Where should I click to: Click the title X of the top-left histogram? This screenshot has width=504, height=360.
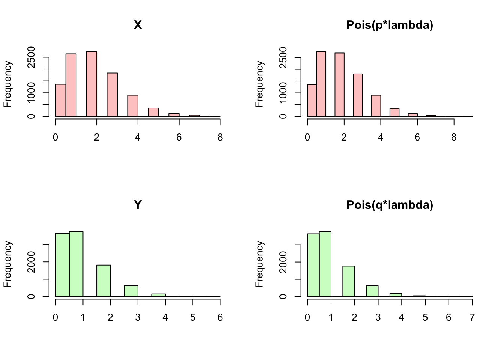138,25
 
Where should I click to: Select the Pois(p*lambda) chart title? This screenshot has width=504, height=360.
390,25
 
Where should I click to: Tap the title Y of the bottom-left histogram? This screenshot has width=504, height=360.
138,205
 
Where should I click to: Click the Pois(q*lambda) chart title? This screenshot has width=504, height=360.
390,205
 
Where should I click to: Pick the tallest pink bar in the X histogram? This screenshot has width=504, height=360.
91,84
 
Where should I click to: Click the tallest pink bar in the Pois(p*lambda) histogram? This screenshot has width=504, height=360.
321,84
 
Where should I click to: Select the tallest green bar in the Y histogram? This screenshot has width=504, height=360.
76,264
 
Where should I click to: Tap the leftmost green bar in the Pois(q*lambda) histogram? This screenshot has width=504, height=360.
313,265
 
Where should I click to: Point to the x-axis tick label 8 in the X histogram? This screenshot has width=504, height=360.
220,138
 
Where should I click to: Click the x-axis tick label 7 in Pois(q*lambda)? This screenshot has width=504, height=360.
472,318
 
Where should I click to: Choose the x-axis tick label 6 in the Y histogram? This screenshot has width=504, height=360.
220,318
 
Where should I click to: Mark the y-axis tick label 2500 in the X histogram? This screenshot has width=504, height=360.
31,57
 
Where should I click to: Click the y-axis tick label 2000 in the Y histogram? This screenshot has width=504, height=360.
31,262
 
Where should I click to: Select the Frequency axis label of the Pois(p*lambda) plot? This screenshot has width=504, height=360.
259,84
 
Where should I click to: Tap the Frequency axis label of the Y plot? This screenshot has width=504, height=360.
7,264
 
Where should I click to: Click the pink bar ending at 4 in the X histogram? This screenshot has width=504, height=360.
133,106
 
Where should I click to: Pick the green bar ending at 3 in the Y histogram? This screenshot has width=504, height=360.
131,291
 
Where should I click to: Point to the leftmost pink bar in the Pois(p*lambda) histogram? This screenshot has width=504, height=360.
312,100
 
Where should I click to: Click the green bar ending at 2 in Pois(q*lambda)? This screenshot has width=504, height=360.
348,281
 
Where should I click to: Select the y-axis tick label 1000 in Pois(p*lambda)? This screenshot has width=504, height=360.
283,92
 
